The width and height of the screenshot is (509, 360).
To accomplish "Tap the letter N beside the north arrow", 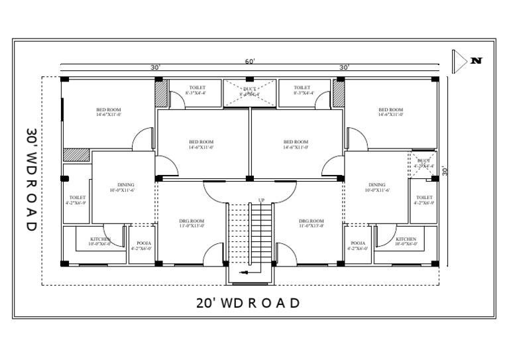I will [x=477, y=61].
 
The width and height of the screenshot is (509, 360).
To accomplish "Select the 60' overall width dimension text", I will [x=250, y=61].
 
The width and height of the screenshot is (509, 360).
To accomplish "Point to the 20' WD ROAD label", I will [x=249, y=303].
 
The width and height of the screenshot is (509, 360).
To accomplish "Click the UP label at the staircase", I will [x=262, y=200].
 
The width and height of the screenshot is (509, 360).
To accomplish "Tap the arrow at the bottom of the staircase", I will [x=245, y=272].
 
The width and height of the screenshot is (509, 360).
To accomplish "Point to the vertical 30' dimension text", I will [x=446, y=170].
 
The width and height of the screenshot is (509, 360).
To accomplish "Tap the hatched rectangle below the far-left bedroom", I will [x=76, y=154].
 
